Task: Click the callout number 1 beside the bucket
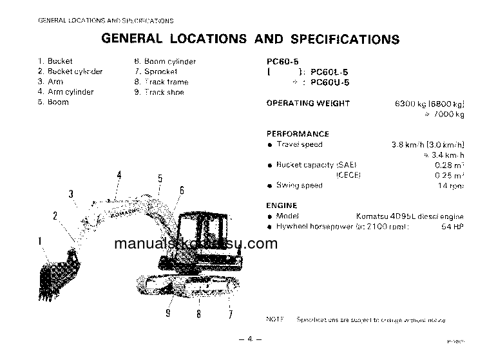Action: tap(40, 242)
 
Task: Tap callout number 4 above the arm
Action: tap(119, 175)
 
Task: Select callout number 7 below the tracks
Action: tap(229, 314)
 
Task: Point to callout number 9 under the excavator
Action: tap(168, 314)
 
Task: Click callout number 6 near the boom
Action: tap(182, 190)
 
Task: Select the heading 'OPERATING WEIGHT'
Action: tap(308, 103)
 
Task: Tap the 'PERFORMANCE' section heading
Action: tap(298, 134)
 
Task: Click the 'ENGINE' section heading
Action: tap(282, 205)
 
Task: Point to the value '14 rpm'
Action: tap(451, 185)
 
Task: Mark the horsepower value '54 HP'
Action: tap(452, 227)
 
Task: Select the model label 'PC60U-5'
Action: tap(330, 83)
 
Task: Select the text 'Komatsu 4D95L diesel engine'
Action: tap(410, 216)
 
